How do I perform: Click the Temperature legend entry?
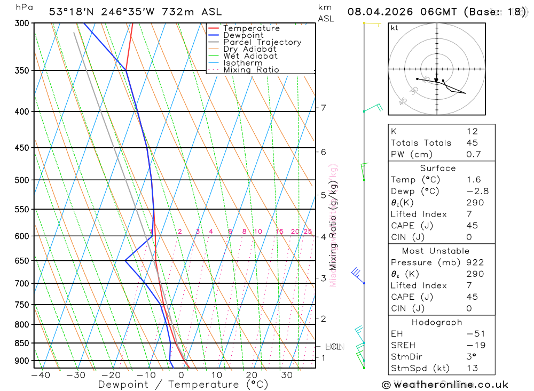click(251, 28)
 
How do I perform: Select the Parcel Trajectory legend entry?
click(262, 42)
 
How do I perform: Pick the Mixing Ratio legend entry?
click(251, 70)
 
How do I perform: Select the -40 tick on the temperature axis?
click(41, 375)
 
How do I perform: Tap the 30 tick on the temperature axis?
click(287, 375)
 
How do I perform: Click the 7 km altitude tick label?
click(323, 108)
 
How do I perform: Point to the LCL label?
click(333, 347)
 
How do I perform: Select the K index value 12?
click(472, 131)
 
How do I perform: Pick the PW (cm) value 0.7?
click(474, 155)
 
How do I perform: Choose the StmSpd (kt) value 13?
click(472, 368)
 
